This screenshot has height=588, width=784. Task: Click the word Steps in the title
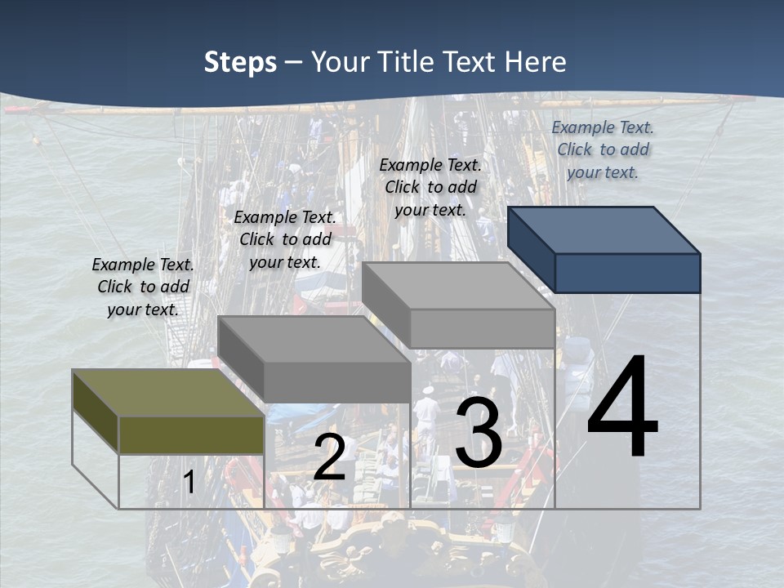pyautogui.click(x=240, y=62)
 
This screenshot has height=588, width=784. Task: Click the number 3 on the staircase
pyautogui.click(x=479, y=434)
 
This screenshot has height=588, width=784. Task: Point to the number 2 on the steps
pyautogui.click(x=329, y=457)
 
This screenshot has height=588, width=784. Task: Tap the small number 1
pyautogui.click(x=189, y=482)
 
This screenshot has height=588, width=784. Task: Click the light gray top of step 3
pyautogui.click(x=457, y=286)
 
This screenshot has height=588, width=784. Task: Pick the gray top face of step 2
pyautogui.click(x=314, y=339)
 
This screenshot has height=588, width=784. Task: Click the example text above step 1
pyautogui.click(x=143, y=287)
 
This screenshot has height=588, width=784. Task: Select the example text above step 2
pyautogui.click(x=285, y=239)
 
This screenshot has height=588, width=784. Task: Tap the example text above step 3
pyautogui.click(x=430, y=187)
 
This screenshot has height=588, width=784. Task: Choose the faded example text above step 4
pyautogui.click(x=603, y=149)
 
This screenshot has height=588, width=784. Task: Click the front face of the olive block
pyautogui.click(x=191, y=434)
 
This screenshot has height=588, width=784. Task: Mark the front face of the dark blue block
pyautogui.click(x=627, y=273)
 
